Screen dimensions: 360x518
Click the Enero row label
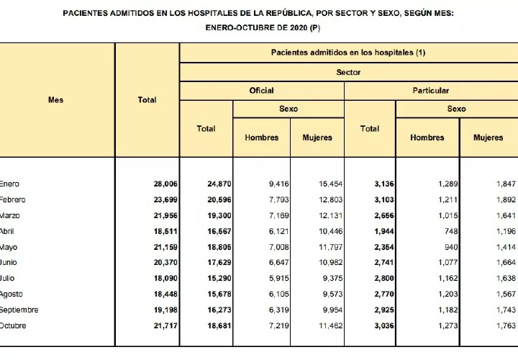pos(10,184)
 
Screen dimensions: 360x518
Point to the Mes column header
pos(55,99)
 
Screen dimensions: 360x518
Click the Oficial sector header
pos(261,91)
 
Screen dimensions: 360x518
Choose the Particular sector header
pos(431,91)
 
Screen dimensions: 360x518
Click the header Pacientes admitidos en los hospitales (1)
pos(348,53)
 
